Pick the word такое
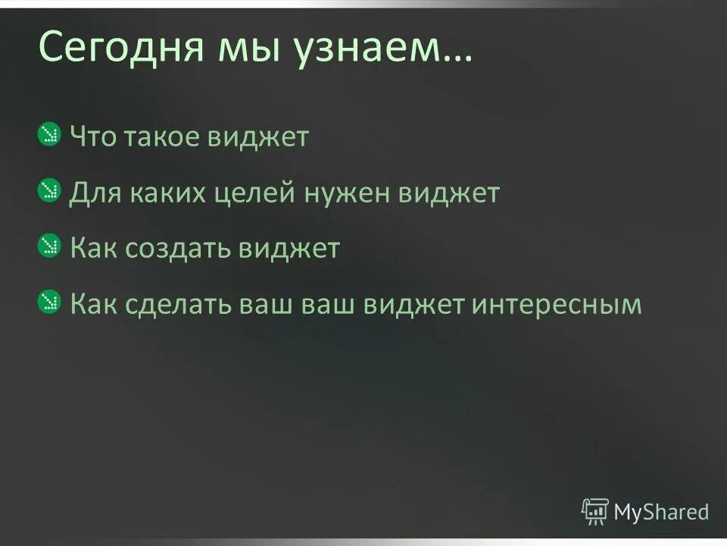pyautogui.click(x=169, y=138)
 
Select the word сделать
pyautogui.click(x=184, y=304)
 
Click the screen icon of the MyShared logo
pyautogui.click(x=594, y=511)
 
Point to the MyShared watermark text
pyautogui.click(x=661, y=512)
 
